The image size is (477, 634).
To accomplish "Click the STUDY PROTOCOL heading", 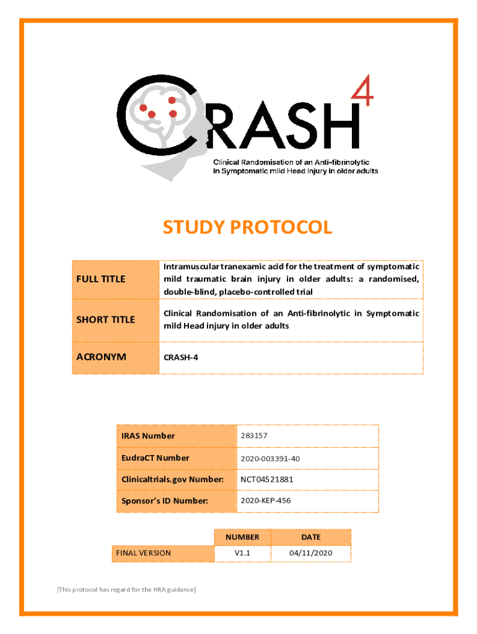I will click(247, 228).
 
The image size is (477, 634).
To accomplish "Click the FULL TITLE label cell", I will click(116, 279).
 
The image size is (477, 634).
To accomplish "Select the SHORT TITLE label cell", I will click(116, 319).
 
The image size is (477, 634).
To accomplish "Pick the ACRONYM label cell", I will click(116, 357).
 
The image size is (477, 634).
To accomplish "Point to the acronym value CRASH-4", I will click(181, 358).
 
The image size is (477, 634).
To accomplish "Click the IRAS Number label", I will click(148, 436).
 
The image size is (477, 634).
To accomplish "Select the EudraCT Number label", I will click(155, 458).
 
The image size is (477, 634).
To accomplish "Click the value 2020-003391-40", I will click(270, 459).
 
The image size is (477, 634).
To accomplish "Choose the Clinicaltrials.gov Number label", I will click(172, 479).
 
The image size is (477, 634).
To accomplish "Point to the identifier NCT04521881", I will click(267, 479).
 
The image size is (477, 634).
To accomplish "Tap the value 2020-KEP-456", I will click(266, 500).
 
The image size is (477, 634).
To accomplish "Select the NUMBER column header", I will click(242, 537).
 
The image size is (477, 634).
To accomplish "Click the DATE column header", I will click(311, 537).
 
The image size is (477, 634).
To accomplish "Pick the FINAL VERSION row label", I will click(143, 553).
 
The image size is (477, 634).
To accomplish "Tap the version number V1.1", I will click(242, 553).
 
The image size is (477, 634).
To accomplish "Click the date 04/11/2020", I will click(311, 553).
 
